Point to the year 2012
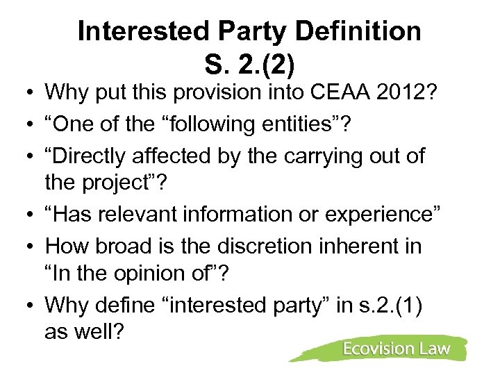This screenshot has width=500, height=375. [x=410, y=92]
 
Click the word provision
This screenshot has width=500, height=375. [x=216, y=92]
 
